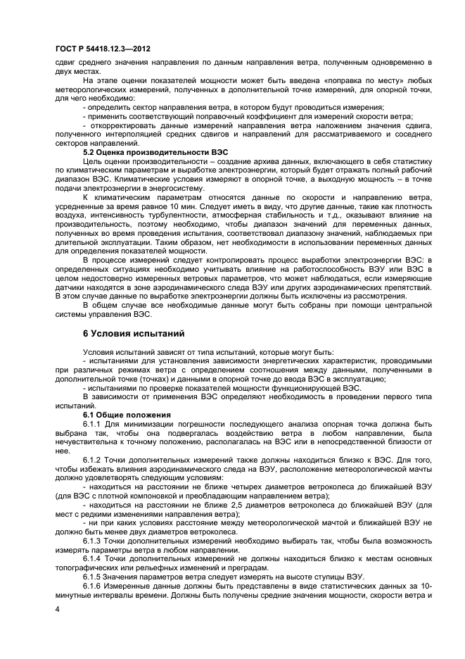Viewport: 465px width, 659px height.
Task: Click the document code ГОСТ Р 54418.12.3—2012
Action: click(103, 48)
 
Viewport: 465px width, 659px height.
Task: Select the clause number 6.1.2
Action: click(93, 459)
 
